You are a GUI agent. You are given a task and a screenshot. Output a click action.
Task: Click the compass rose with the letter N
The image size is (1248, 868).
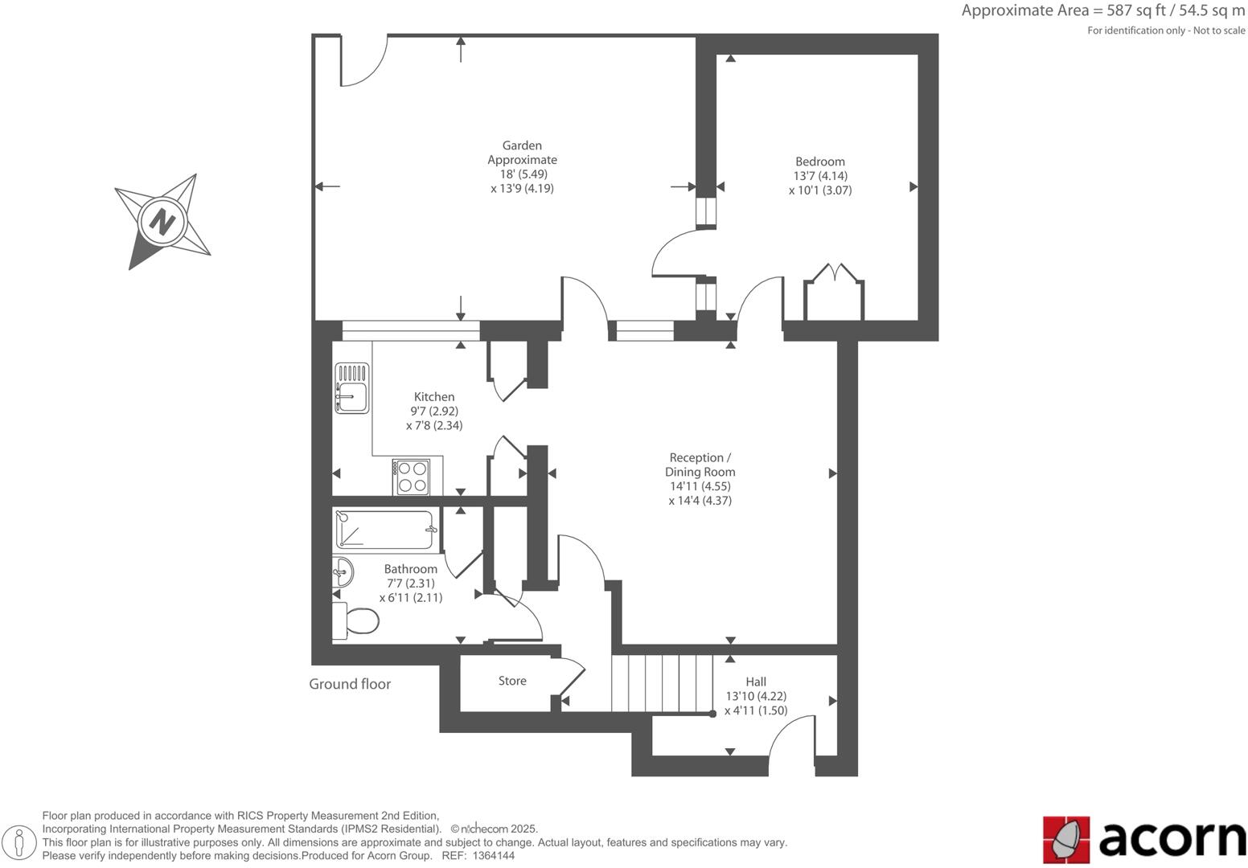tap(163, 220)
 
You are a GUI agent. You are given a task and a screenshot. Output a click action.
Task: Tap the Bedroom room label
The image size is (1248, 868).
tap(819, 162)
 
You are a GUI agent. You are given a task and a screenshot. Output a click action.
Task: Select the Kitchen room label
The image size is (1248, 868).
tap(434, 397)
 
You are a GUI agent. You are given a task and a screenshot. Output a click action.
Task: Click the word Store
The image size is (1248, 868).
tap(512, 681)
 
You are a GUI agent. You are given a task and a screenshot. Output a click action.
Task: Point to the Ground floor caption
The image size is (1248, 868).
tap(350, 684)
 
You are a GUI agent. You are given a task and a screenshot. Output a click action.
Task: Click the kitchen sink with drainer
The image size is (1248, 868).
tap(351, 388)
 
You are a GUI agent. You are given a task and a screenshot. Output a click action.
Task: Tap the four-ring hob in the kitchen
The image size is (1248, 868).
tap(412, 477)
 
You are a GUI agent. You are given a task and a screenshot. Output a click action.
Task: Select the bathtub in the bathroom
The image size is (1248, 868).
tap(385, 530)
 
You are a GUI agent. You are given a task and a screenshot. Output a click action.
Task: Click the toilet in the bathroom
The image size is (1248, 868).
tap(357, 621)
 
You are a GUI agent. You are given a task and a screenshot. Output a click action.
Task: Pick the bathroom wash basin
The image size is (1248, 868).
tap(342, 572)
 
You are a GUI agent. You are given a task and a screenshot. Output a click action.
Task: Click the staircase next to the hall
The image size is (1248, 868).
tap(662, 683)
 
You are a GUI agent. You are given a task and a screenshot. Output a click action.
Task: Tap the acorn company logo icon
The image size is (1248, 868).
tap(1066, 840)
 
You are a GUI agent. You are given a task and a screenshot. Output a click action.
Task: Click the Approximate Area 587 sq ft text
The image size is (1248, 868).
tap(1102, 11)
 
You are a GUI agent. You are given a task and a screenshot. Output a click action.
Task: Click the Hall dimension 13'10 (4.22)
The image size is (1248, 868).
tap(756, 697)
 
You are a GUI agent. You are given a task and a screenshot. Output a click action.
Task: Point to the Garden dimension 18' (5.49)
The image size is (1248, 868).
tap(522, 174)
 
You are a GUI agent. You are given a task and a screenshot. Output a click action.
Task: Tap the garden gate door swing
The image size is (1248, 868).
tap(363, 61)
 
